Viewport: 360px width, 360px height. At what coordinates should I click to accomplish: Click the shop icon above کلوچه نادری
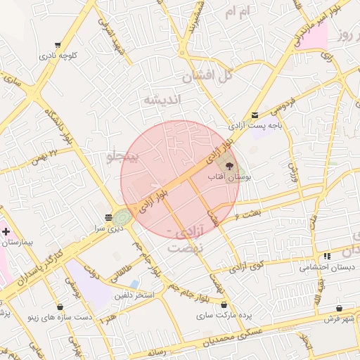(58, 45)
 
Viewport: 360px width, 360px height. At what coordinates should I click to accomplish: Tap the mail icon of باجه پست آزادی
(255, 115)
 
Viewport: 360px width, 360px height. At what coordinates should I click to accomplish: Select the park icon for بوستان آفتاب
(229, 166)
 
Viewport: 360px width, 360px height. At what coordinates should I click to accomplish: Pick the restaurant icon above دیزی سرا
(108, 217)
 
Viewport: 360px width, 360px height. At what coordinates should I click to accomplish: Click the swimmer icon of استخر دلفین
(154, 285)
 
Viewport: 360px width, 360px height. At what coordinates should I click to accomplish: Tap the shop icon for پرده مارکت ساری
(224, 304)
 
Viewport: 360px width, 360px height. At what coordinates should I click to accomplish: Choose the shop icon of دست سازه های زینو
(60, 307)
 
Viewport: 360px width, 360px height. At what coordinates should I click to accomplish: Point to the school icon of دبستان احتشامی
(327, 257)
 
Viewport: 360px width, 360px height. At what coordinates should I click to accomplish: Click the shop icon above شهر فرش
(339, 308)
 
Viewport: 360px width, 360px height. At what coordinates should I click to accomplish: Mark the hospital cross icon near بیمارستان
(6, 231)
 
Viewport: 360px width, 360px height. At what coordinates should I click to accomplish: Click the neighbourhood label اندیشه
(162, 100)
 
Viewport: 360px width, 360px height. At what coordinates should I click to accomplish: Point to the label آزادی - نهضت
(186, 240)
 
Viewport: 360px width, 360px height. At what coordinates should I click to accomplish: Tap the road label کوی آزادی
(246, 266)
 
